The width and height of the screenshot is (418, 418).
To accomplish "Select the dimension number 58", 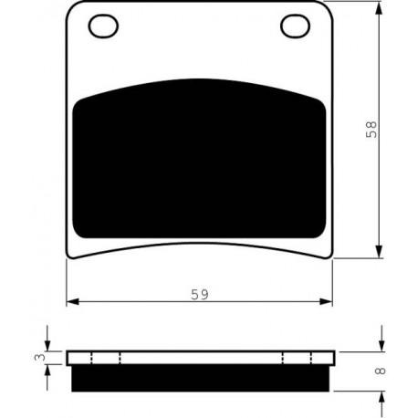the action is (x=371, y=130).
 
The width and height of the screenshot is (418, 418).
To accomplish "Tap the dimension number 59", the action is (x=200, y=295).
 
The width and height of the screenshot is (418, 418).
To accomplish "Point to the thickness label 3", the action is (x=40, y=357).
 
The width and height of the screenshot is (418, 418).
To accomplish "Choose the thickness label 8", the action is (x=381, y=371).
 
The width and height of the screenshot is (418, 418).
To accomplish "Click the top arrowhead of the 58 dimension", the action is (x=379, y=8).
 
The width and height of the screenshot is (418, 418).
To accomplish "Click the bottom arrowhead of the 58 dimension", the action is (x=379, y=251).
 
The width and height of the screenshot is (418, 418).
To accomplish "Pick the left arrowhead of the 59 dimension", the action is (x=73, y=301).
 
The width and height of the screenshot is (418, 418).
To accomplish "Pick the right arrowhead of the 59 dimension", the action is (x=326, y=301).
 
